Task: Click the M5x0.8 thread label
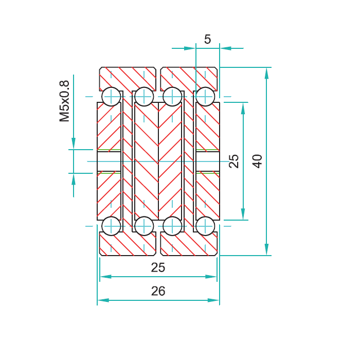(64, 101)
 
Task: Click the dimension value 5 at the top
(207, 39)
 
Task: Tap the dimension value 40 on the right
(257, 161)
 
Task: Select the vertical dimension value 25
(234, 161)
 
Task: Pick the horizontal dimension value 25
(158, 267)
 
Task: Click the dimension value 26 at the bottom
(158, 291)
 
